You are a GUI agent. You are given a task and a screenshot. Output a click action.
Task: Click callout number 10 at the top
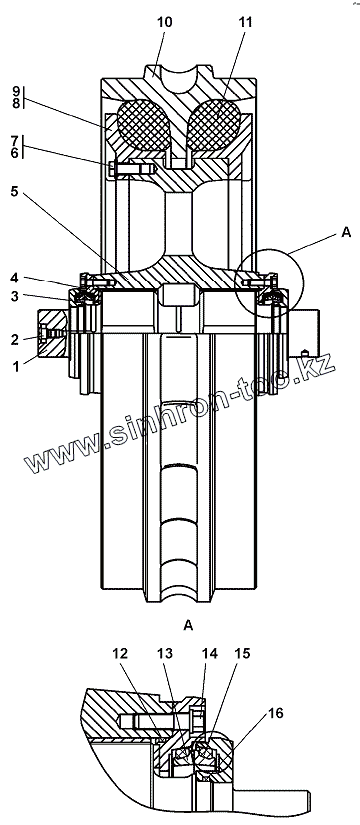click(164, 23)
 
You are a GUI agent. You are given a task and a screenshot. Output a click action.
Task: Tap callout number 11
click(245, 23)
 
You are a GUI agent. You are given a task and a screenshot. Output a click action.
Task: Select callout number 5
click(15, 192)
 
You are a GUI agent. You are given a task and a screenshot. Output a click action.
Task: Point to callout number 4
click(15, 278)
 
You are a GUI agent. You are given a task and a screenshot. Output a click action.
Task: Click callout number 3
click(15, 297)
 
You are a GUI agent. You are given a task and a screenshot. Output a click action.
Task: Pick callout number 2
click(15, 339)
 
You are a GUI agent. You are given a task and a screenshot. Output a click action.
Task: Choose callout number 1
click(15, 366)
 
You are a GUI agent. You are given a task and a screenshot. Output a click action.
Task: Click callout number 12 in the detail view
click(120, 654)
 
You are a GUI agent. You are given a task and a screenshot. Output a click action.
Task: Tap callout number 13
click(165, 654)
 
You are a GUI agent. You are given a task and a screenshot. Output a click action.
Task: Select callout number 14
click(209, 654)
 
